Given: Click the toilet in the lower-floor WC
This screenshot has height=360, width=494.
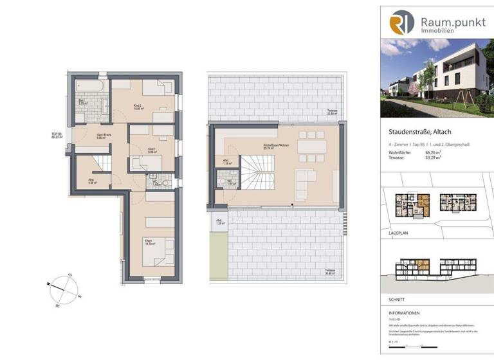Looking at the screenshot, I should (x=167, y=183).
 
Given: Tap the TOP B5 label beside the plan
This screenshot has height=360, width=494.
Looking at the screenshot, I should (x=57, y=136).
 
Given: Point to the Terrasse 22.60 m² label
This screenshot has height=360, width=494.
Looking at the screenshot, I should (x=331, y=113).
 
